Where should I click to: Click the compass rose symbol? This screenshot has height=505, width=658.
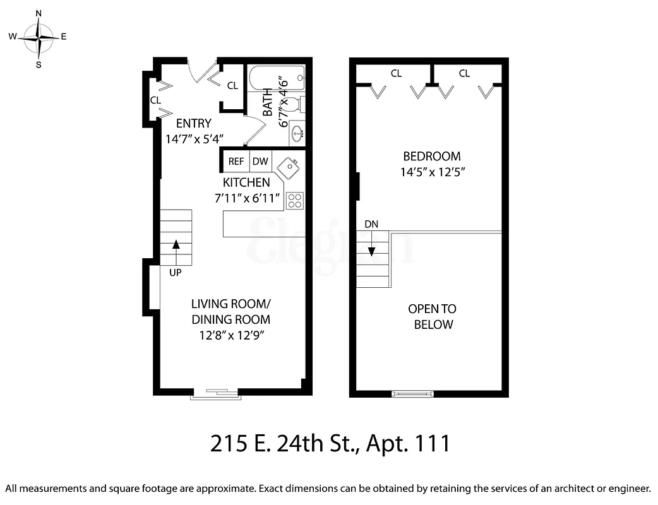click(x=39, y=37)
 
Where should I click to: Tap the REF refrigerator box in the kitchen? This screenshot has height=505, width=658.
click(x=236, y=162)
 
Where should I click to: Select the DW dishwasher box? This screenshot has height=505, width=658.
click(x=260, y=162)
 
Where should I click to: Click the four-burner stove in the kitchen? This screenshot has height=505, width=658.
click(x=295, y=201)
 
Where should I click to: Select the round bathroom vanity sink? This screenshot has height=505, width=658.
click(x=297, y=133)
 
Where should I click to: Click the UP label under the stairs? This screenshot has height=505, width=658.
click(x=176, y=273)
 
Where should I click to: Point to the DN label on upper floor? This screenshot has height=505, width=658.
click(x=371, y=224)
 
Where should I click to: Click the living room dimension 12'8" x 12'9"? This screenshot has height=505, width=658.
click(x=230, y=335)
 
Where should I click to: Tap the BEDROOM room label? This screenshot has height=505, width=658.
click(x=432, y=156)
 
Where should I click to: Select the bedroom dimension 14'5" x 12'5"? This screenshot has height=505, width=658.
click(x=432, y=172)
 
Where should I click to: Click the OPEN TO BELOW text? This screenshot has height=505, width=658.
click(x=433, y=317)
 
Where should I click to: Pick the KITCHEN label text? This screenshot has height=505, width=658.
click(x=246, y=182)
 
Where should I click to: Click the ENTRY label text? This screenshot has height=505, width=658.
click(x=193, y=123)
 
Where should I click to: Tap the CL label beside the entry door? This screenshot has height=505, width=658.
click(x=232, y=85)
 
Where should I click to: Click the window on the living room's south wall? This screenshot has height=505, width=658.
click(x=216, y=395)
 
